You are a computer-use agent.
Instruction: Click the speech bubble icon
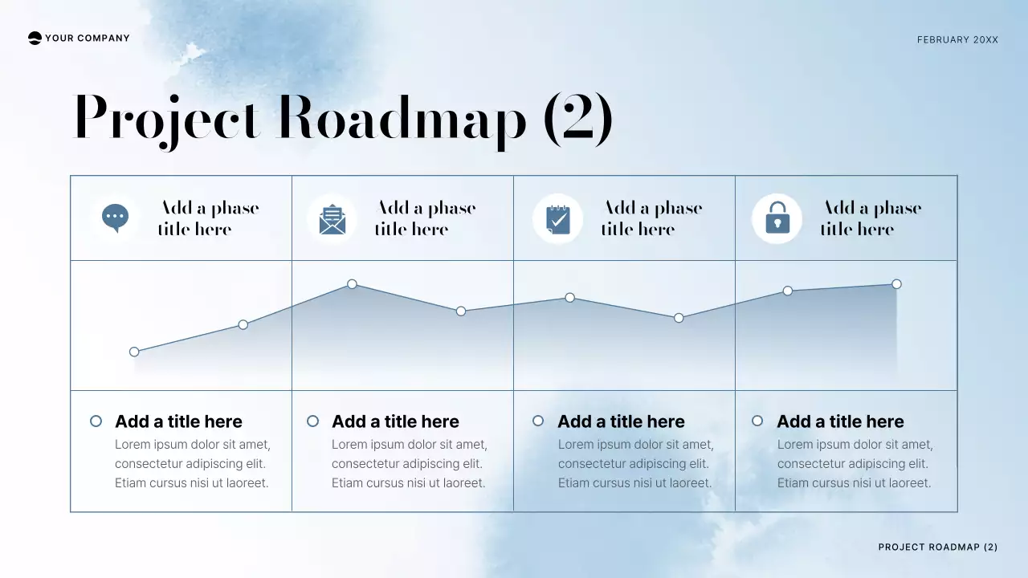coord(116,218)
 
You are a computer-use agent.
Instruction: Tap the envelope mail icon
coord(332,219)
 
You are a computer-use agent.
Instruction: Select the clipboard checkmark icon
coord(557,219)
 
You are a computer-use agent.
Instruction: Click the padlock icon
coord(777,218)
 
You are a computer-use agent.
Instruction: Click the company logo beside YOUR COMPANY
coord(35,38)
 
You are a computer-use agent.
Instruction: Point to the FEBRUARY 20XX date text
coord(957,39)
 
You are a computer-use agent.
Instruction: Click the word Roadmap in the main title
coord(402,119)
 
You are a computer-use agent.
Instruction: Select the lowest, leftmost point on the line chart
coord(134,352)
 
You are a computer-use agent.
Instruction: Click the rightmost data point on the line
coord(896,284)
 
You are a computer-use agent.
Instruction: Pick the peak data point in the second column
coord(352,284)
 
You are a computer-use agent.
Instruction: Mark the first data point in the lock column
coord(788,291)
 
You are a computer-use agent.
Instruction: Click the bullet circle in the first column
coord(96,421)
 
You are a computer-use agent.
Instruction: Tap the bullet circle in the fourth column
coord(757,421)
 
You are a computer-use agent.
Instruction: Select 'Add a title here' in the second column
coord(395,421)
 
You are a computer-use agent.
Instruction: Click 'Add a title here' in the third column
coord(621,421)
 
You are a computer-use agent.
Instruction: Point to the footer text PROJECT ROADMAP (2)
coord(937,547)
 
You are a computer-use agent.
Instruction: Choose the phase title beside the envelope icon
coord(426,218)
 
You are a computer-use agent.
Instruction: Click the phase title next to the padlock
coord(871,218)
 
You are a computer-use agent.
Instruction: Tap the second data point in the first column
coord(243,325)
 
